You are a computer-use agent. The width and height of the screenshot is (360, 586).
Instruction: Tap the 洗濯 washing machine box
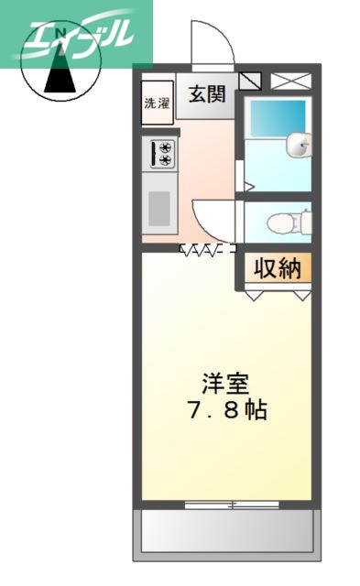tap(157, 103)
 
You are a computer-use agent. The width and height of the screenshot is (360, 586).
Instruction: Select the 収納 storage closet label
tap(277, 268)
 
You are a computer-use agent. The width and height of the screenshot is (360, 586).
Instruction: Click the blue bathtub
tap(277, 118)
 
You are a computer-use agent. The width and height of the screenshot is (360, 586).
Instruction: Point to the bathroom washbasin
tap(299, 144)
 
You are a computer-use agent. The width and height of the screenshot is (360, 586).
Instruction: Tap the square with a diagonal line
tap(249, 81)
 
